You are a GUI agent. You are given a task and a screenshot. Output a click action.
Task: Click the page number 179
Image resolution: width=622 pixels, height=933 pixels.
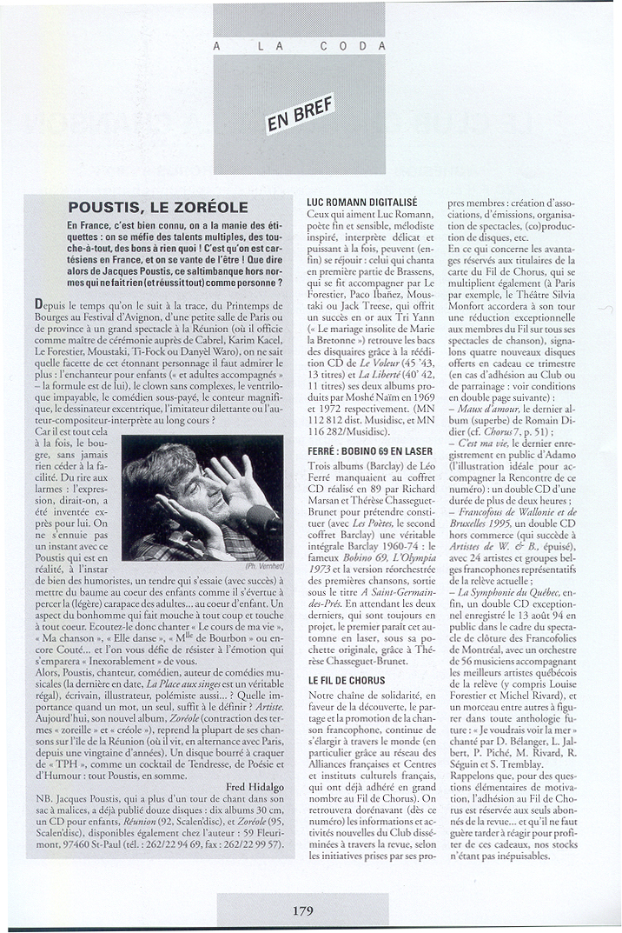pyautogui.click(x=302, y=910)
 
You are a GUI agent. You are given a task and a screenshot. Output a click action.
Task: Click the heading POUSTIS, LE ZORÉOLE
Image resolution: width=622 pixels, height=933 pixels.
pyautogui.click(x=158, y=207)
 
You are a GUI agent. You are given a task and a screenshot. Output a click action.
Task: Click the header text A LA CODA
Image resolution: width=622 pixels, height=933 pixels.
pyautogui.click(x=300, y=46)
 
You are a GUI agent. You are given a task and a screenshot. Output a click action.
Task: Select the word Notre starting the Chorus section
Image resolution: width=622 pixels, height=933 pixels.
pyautogui.click(x=325, y=696)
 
